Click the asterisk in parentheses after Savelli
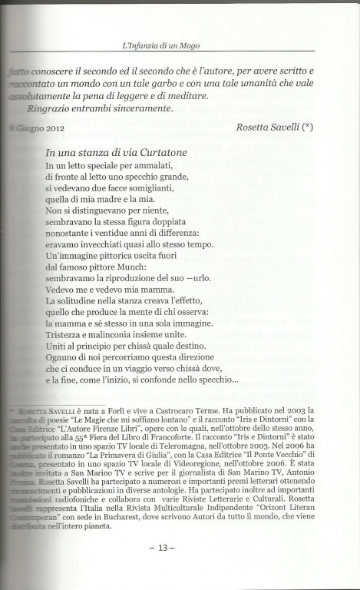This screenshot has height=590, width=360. click(307, 127)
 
